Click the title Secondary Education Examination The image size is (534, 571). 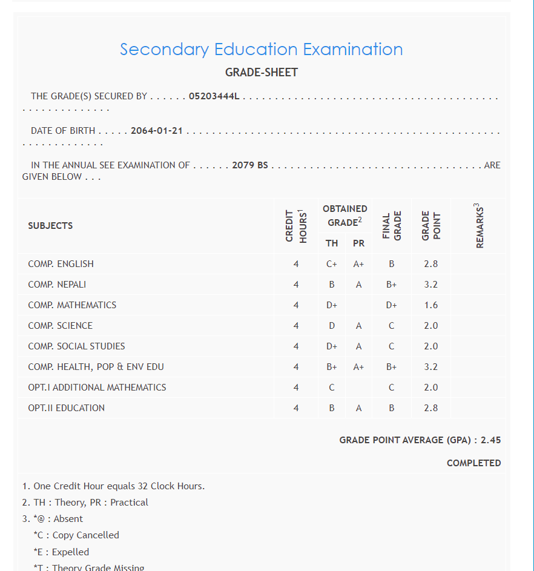pos(261,50)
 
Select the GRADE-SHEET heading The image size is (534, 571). pos(262,73)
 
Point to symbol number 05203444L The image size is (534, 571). pos(214,96)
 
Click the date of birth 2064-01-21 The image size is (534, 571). pos(157,131)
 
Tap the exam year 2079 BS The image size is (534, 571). pos(250,165)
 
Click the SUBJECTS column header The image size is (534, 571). pos(50,226)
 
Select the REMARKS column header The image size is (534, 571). pos(480,226)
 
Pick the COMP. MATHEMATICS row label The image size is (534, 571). pos(72,305)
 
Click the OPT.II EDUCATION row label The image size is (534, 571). pos(66,408)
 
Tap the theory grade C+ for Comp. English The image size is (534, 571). pos(332,264)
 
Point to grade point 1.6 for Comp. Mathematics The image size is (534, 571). pos(431,305)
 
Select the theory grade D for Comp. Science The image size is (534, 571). pos(332,326)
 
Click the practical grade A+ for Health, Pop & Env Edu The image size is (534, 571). pos(359,367)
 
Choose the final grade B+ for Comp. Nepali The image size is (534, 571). pos(392,285)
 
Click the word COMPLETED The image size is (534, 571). pos(473,463)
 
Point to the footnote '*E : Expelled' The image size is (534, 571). pos(61,552)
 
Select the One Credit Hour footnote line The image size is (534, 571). pos(113,486)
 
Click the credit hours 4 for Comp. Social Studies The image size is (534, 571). pos(296,346)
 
